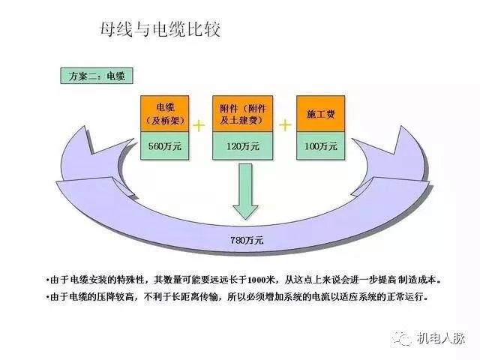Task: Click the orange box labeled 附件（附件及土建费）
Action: click(241, 113)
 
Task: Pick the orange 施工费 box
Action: click(320, 113)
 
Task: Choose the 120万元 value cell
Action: click(241, 145)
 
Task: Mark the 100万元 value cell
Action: click(320, 145)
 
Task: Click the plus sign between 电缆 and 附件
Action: click(200, 124)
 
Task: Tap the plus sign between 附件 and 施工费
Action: click(285, 124)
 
